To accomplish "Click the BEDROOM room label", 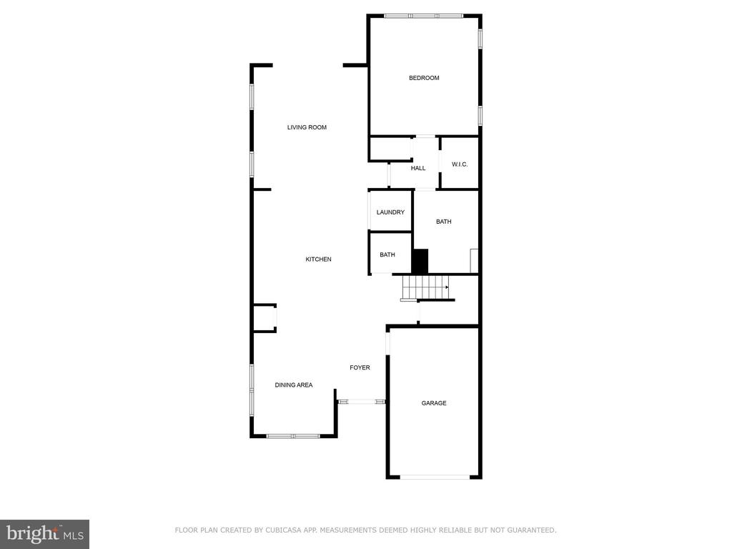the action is coord(424,78).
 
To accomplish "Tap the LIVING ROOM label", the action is coord(307,127).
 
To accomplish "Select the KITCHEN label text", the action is coord(318,259).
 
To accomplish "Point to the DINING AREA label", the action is coord(294,385).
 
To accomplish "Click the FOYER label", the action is coord(360,367).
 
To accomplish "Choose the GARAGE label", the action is coord(434,403).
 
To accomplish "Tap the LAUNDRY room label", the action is coord(390,212).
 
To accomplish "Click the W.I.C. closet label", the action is coord(460,164).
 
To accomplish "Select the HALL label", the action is coord(417,168).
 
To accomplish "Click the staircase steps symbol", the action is coord(425,287).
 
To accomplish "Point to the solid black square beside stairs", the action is coord(420,262).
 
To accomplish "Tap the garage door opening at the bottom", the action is coord(435,477).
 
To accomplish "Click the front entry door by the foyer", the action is coord(361,401).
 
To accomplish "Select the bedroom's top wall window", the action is coord(423,16).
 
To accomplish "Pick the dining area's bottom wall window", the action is coord(293,436).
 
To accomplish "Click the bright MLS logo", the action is coord(44,534).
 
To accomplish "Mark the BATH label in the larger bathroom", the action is coord(443,222).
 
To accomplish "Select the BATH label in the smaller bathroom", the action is coord(387,254).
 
